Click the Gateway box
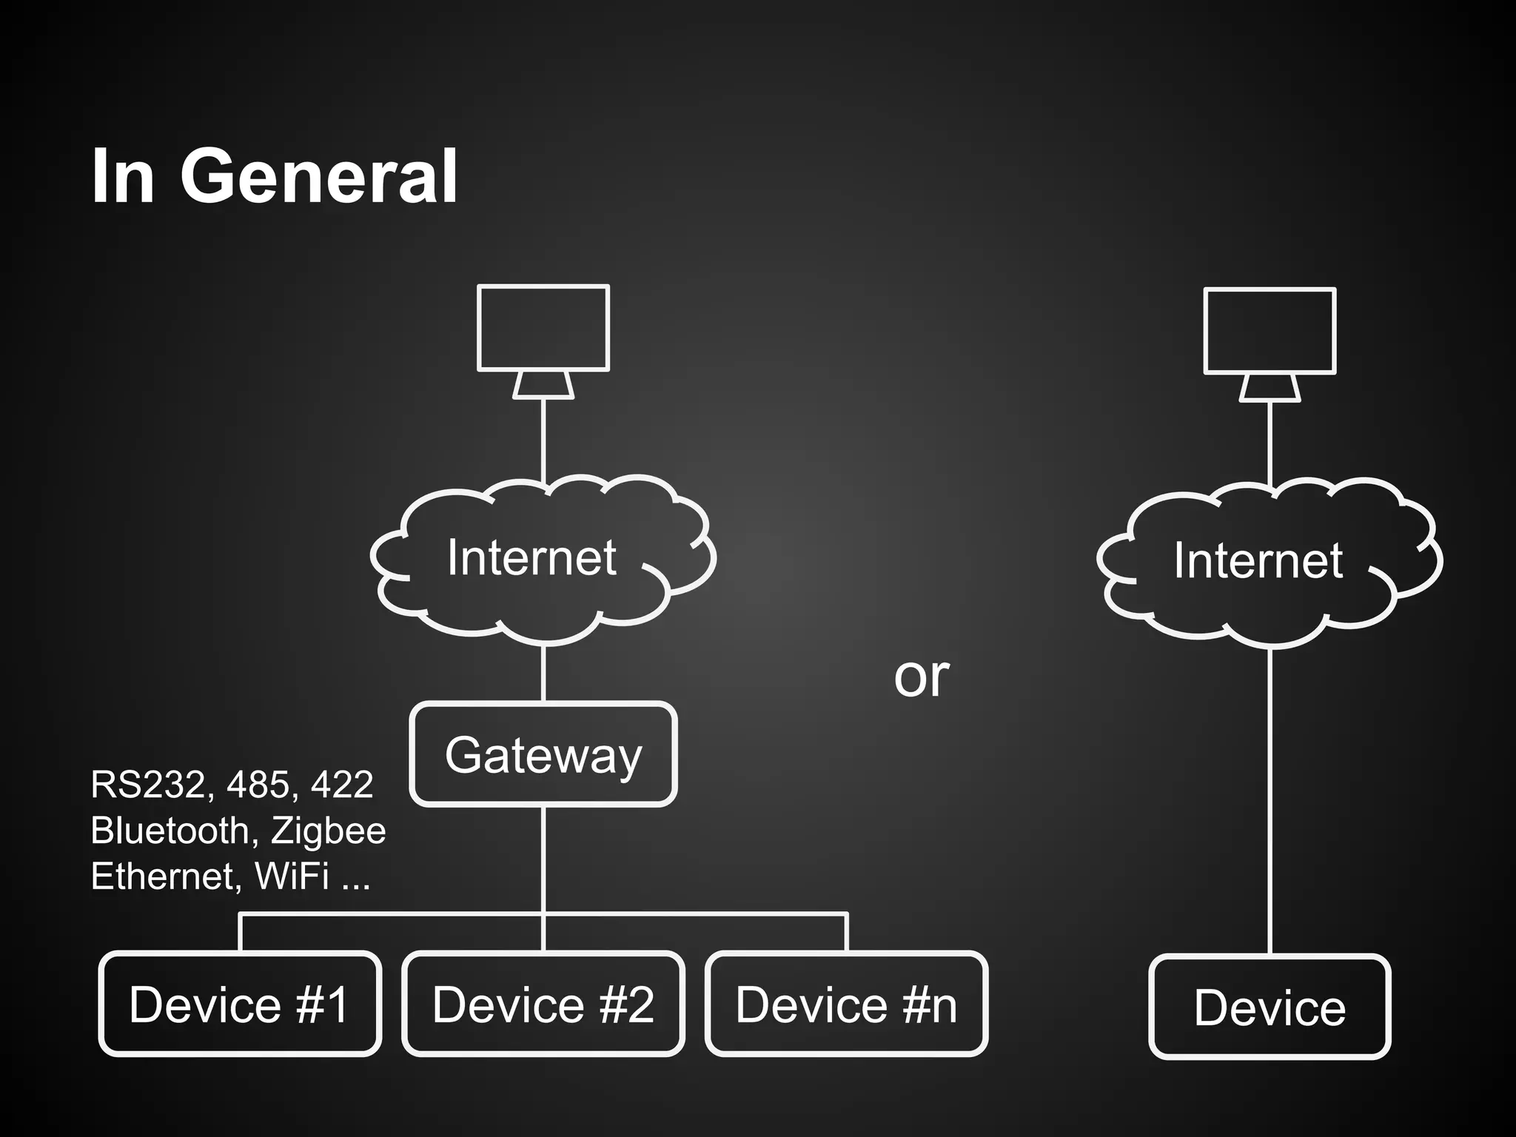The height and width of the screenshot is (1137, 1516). coord(543,754)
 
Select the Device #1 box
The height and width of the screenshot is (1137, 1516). coord(240,1004)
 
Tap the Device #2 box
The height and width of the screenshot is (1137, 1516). coord(543,1004)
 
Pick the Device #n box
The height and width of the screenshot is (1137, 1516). coord(846,1004)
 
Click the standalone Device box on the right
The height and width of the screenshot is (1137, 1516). coord(1270,1007)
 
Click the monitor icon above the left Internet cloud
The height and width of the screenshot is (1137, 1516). coord(543,328)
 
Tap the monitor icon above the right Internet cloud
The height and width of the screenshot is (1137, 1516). coord(1270,331)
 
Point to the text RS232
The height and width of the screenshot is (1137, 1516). coord(147,785)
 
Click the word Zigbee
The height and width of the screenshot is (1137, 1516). coord(328,831)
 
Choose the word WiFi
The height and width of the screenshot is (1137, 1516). coord(292,876)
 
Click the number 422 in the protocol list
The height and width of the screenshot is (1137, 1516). coord(342,785)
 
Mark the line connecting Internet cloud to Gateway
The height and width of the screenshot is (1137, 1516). coord(543,674)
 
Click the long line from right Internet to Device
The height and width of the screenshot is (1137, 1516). coord(1270,799)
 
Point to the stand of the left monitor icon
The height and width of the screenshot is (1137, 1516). coord(543,386)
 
